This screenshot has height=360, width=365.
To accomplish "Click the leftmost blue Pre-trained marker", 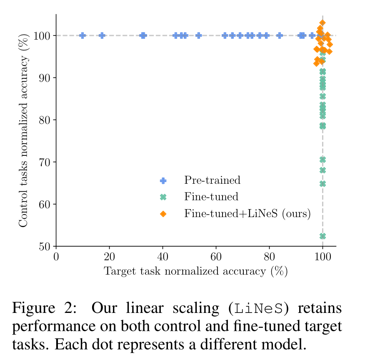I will click(82, 35).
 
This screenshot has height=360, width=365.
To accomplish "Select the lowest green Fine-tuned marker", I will click(322, 236).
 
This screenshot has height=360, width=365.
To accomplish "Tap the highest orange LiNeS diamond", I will click(322, 23).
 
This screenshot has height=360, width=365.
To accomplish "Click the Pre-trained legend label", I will click(212, 180).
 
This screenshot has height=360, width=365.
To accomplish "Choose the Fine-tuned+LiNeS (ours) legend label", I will click(247, 214).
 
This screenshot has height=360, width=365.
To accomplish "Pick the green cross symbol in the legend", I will click(163, 197).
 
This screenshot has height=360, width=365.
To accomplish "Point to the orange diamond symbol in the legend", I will click(163, 214).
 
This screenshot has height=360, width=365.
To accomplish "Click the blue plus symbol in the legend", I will click(163, 180).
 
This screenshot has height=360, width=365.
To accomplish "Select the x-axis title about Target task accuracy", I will click(196, 271).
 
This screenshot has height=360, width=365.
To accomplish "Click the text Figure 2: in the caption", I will click(44, 309).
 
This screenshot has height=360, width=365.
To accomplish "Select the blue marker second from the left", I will click(102, 35).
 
